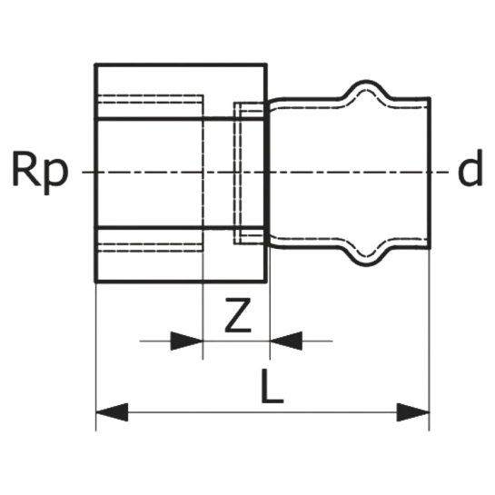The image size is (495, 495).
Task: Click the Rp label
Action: pyautogui.click(x=40, y=172)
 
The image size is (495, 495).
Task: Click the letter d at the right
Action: pyautogui.click(x=470, y=167)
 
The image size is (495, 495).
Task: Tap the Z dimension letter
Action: pyautogui.click(x=238, y=315)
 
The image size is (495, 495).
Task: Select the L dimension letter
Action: pyautogui.click(x=272, y=386)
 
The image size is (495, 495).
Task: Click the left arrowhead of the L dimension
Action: pyautogui.click(x=112, y=412)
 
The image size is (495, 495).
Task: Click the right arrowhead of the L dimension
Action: pyautogui.click(x=413, y=412)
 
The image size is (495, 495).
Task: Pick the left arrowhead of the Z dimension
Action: pyautogui.click(x=186, y=341)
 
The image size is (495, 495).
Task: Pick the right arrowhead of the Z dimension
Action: pyautogui.click(x=286, y=341)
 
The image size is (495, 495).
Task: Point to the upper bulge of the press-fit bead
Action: pyautogui.click(x=366, y=86)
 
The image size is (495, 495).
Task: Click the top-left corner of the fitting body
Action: pyautogui.click(x=95, y=64)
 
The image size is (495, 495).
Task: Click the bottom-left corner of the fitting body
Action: pyautogui.click(x=95, y=282)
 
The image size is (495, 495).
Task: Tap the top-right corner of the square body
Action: pyautogui.click(x=266, y=64)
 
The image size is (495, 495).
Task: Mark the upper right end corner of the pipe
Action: pyautogui.click(x=430, y=98)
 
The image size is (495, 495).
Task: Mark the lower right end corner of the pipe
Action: pyautogui.click(x=430, y=248)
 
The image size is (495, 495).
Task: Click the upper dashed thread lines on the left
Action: pyautogui.click(x=151, y=99)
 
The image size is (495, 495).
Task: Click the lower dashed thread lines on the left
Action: pyautogui.click(x=151, y=247)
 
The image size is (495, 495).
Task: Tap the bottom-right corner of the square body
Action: pyautogui.click(x=266, y=282)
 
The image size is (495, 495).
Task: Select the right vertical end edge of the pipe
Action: pyautogui.click(x=430, y=173)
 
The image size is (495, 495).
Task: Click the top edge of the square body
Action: pyautogui.click(x=181, y=64)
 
